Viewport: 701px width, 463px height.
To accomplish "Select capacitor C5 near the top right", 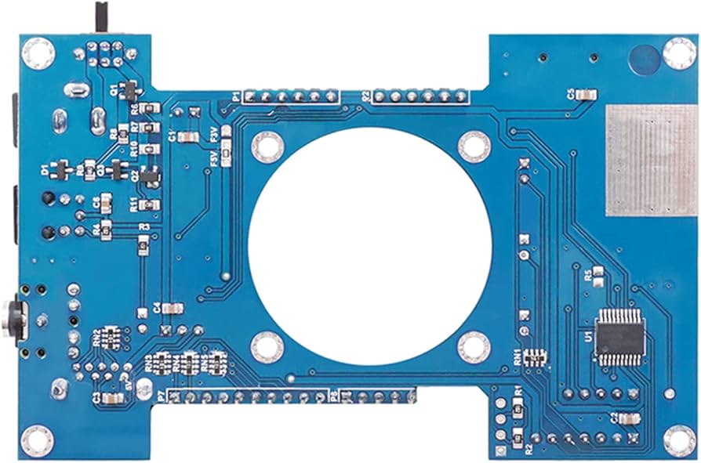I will pyautogui.click(x=584, y=95).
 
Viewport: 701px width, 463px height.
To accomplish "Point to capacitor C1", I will pyautogui.click(x=188, y=136).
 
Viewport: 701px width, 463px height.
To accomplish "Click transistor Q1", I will pyautogui.click(x=129, y=90).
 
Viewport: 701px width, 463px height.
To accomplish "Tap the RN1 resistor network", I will pyautogui.click(x=536, y=357).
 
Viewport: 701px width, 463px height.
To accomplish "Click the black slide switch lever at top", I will pyautogui.click(x=101, y=15).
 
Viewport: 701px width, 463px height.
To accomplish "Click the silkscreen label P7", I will pyautogui.click(x=162, y=397).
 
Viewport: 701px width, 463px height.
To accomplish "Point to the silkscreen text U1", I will pyautogui.click(x=587, y=335).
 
